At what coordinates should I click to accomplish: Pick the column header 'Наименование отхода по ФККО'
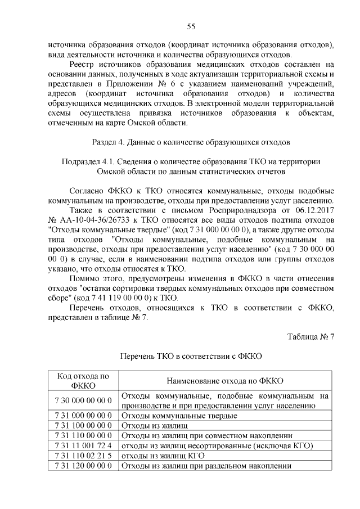click(x=224, y=381)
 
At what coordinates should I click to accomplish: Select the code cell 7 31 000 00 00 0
click(x=83, y=415)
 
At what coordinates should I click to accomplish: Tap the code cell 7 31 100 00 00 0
click(x=83, y=425)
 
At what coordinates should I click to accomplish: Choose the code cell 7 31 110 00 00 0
click(x=83, y=435)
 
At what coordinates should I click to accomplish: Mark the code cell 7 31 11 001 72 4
click(x=83, y=445)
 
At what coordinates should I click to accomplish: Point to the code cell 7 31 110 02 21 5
click(x=83, y=456)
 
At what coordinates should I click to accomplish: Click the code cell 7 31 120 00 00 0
click(x=83, y=466)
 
